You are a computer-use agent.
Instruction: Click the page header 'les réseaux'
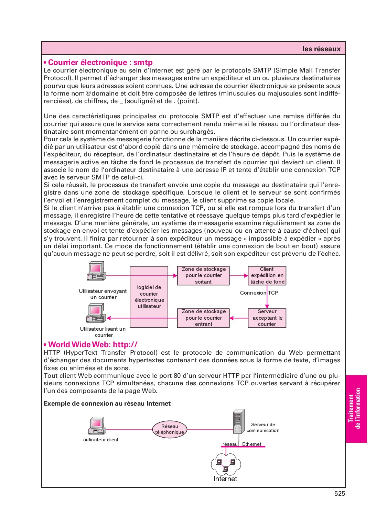point(321,49)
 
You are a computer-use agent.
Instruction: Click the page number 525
point(340,494)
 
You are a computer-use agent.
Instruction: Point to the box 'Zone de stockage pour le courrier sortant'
point(203,276)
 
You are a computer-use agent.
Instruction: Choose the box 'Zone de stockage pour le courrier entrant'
point(203,318)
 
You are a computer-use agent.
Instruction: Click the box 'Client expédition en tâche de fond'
point(267,276)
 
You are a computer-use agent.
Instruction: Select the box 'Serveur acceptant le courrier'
point(267,318)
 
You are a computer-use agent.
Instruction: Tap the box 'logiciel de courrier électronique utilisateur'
point(149,297)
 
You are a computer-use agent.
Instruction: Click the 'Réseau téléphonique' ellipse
point(170,429)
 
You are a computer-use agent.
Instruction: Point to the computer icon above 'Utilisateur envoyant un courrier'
point(96,271)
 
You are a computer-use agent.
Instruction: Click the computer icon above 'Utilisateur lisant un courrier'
point(96,313)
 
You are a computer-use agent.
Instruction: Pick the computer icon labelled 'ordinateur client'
point(97,426)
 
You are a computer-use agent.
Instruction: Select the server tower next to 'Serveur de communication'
point(238,421)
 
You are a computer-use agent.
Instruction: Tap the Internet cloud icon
point(226,464)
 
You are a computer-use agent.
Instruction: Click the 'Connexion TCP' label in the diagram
point(259,293)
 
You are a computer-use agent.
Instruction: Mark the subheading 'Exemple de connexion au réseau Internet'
point(107,404)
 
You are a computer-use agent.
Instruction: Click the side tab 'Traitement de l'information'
point(354,409)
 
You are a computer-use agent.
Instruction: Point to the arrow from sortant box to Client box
point(239,276)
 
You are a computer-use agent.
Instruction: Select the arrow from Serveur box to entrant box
point(239,318)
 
